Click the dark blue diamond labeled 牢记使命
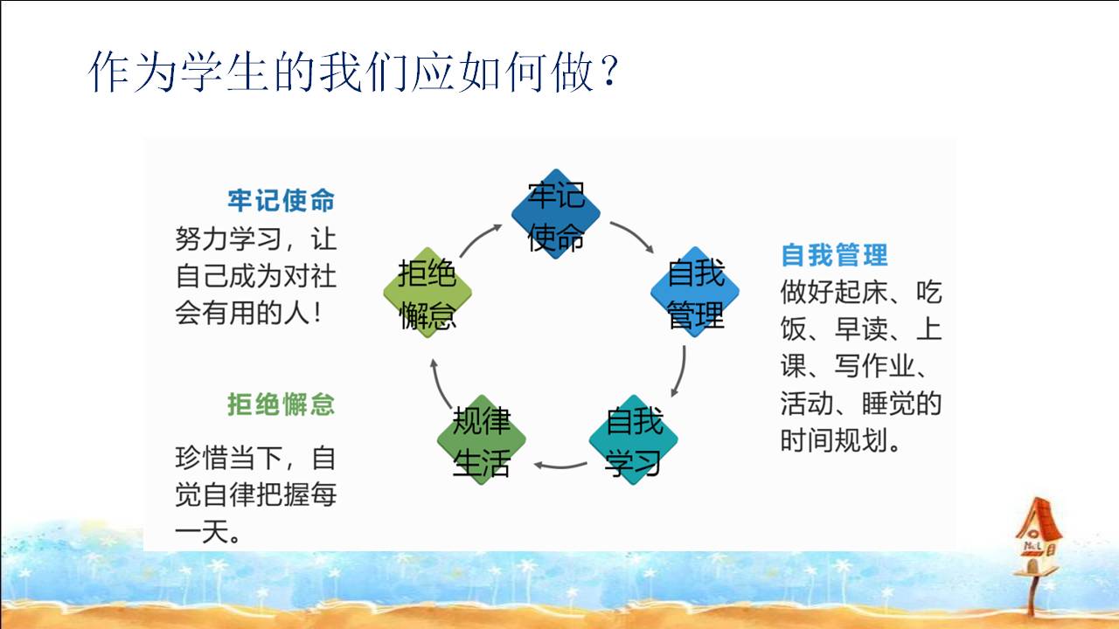[x=555, y=214]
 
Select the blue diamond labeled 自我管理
[x=695, y=292]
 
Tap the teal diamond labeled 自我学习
[x=634, y=439]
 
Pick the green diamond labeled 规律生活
[x=482, y=439]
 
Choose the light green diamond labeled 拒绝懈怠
[x=427, y=293]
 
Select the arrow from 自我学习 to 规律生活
[x=559, y=467]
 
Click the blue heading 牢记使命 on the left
[x=281, y=201]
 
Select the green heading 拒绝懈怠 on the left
[x=281, y=404]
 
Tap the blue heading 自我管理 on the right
[x=834, y=255]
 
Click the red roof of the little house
[x=1039, y=518]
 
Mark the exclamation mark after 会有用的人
[x=317, y=314]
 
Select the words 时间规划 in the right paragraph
[x=834, y=440]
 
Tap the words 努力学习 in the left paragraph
[x=228, y=239]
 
